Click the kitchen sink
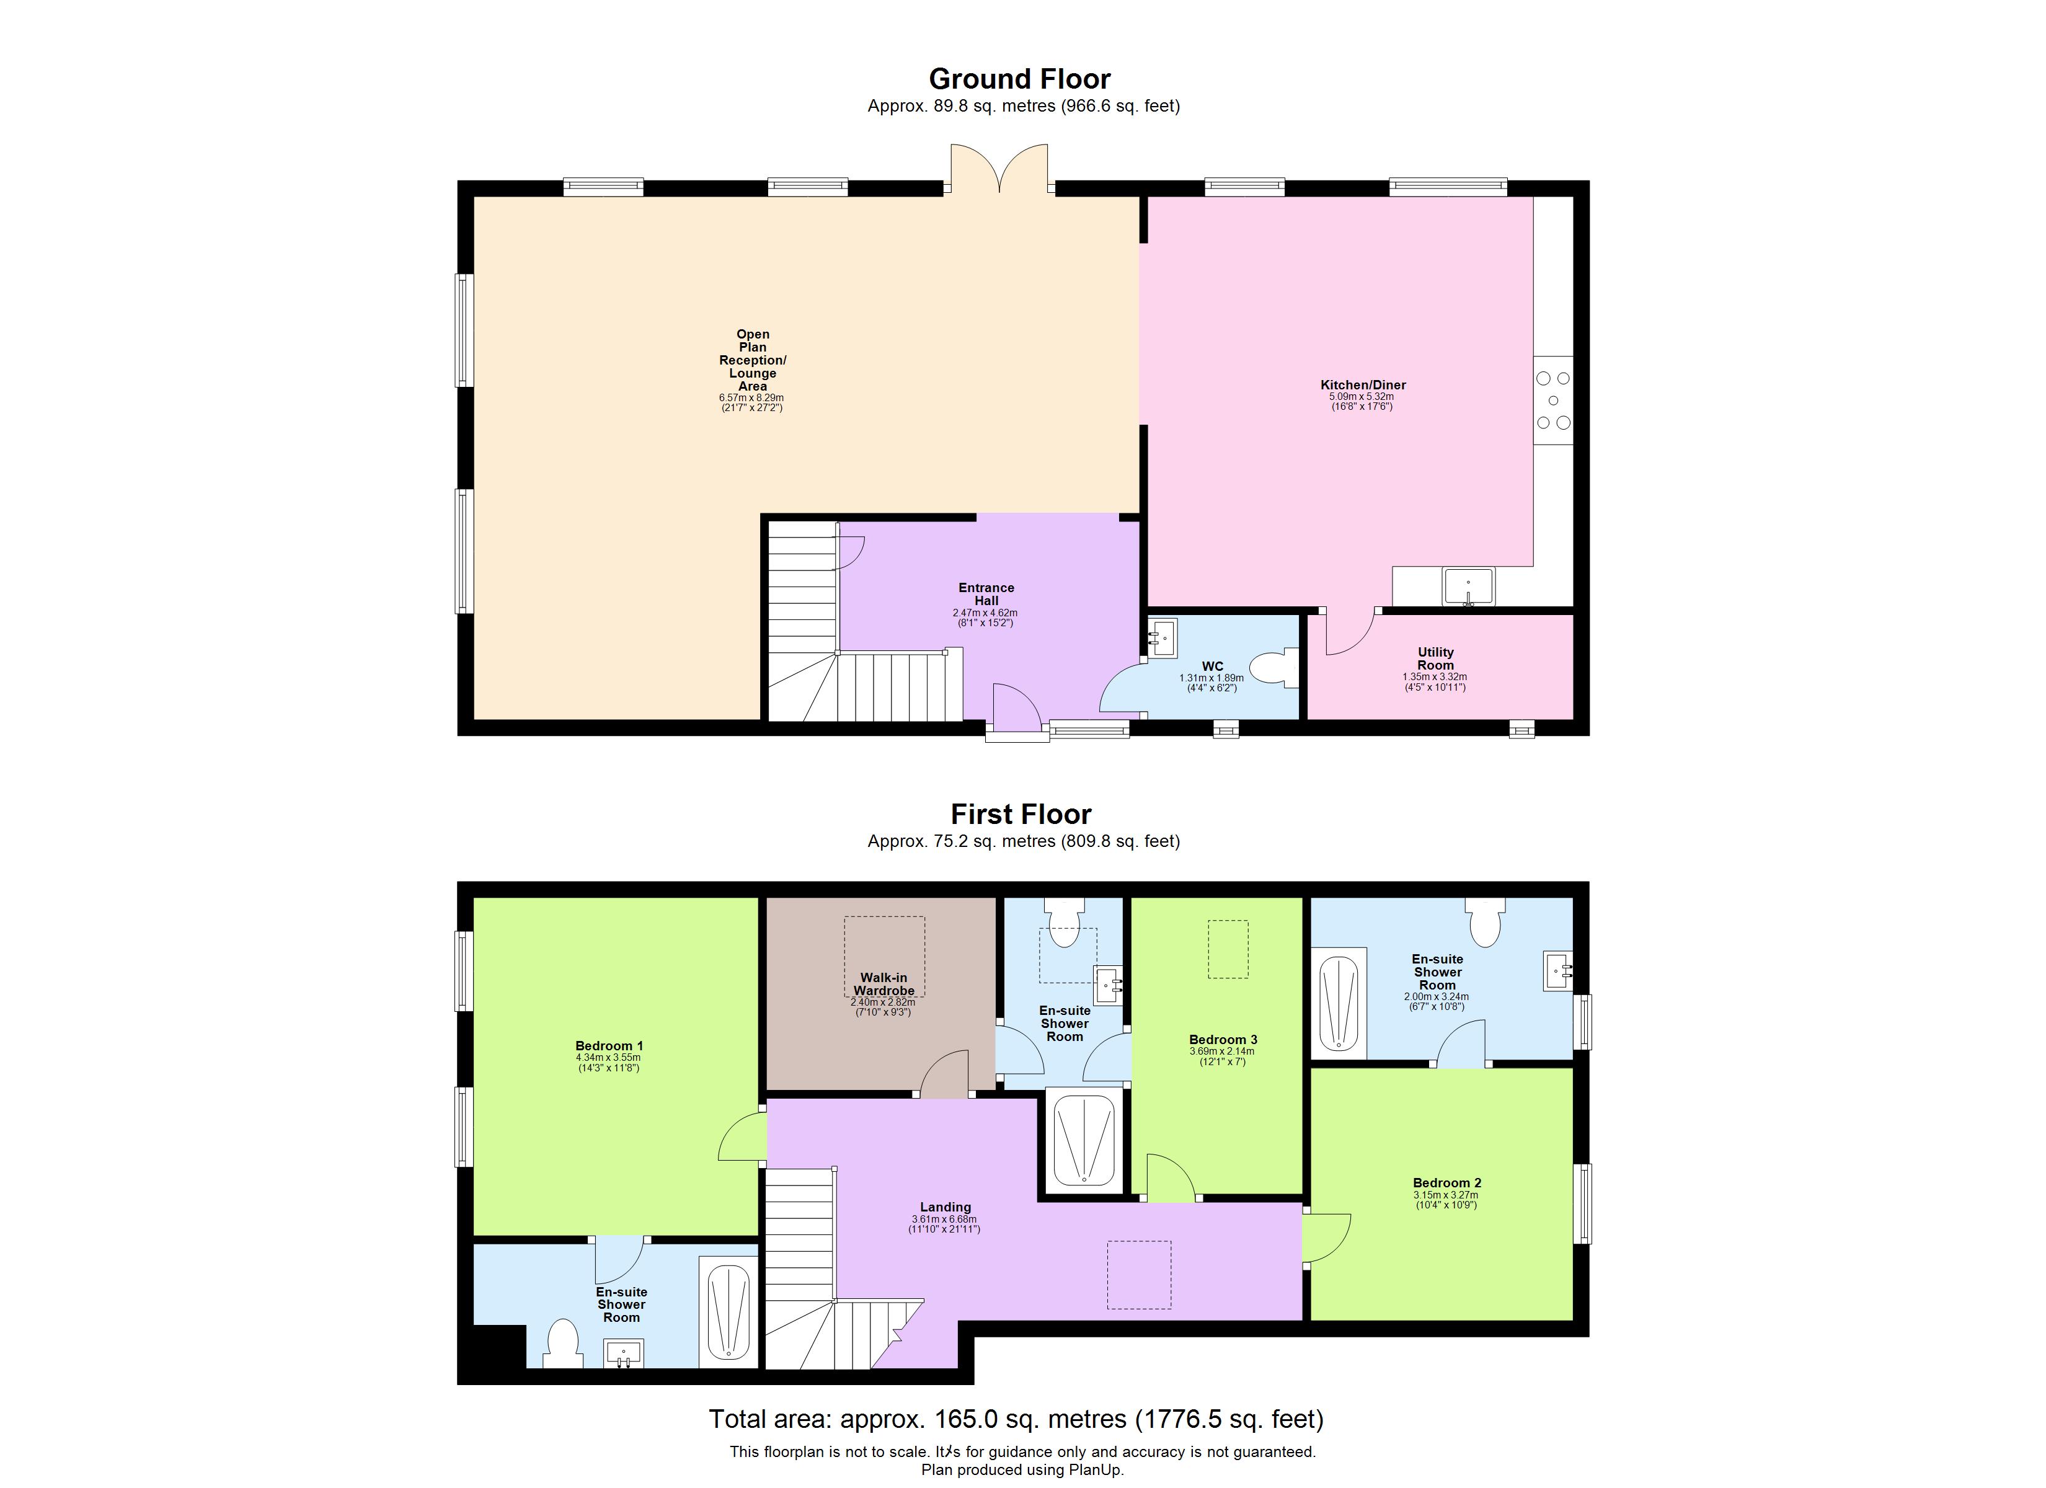tap(1468, 587)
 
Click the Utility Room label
tap(1435, 658)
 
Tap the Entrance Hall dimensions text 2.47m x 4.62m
tap(985, 613)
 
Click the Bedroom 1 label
tap(609, 1046)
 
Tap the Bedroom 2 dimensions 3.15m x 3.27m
tap(1446, 1195)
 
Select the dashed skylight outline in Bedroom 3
tap(1228, 949)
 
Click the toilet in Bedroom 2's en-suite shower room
tap(1485, 921)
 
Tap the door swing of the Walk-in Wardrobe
tap(944, 1074)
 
